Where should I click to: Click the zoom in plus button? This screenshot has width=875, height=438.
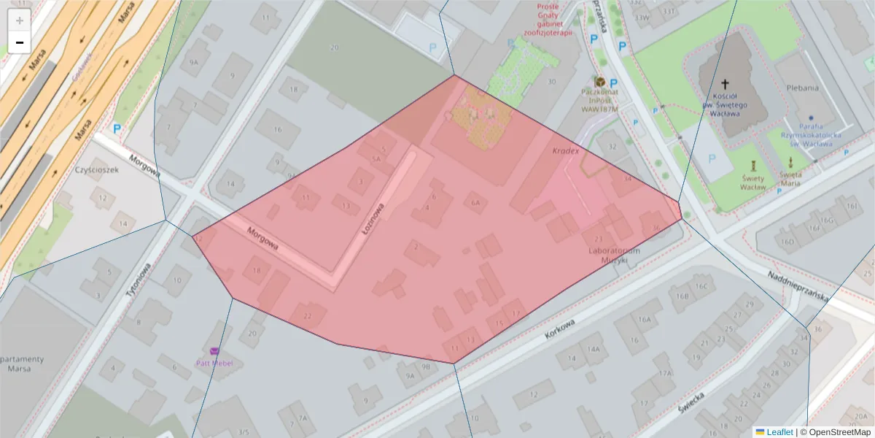click(19, 20)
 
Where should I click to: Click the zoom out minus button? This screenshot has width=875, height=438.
click(19, 42)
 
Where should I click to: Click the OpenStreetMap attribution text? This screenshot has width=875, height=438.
click(836, 432)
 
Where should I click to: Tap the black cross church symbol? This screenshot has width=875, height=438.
click(725, 85)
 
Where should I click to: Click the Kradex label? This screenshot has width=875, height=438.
click(565, 151)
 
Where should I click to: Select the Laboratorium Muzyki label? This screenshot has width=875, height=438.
click(614, 255)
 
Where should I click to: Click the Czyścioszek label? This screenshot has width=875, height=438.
click(96, 169)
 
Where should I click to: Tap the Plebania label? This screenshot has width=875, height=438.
click(803, 88)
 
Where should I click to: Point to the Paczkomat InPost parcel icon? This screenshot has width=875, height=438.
click(600, 81)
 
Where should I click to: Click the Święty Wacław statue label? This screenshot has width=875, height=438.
click(753, 183)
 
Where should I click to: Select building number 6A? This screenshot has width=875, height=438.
click(475, 203)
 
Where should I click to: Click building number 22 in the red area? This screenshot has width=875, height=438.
click(308, 315)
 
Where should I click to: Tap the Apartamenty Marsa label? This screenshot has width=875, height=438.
click(23, 363)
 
